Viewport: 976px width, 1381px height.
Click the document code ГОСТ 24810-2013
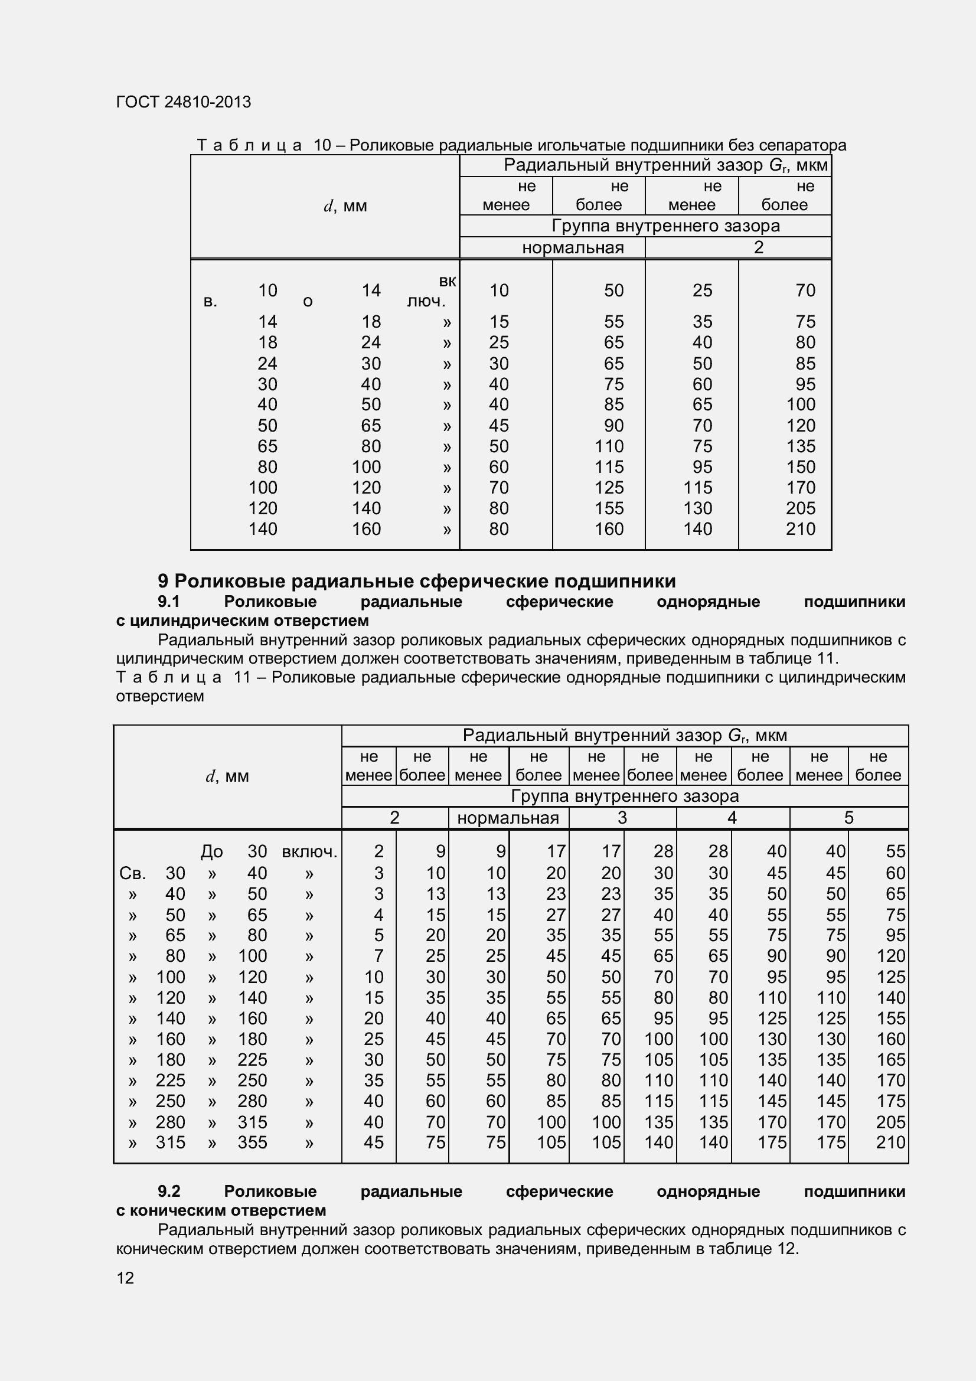pos(184,102)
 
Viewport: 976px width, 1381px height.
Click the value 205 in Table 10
pos(801,508)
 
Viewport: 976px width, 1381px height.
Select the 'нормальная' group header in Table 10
pos(573,248)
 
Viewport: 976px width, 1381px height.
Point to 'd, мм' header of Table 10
pos(345,206)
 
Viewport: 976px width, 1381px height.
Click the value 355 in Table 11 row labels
pos(252,1143)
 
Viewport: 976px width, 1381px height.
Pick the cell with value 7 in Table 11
pos(378,956)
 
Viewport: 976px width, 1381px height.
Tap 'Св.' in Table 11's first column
pos(132,873)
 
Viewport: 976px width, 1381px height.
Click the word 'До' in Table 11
pos(212,852)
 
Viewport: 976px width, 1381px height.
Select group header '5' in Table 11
pos(848,818)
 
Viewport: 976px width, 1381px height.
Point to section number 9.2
pos(169,1191)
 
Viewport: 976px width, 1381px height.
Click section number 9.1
pos(169,602)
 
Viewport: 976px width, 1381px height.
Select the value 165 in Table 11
pos(890,1060)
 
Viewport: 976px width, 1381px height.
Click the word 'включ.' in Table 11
pos(310,852)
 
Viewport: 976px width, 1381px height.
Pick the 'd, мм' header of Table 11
pos(227,776)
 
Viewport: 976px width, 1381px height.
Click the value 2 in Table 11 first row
pos(378,852)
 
